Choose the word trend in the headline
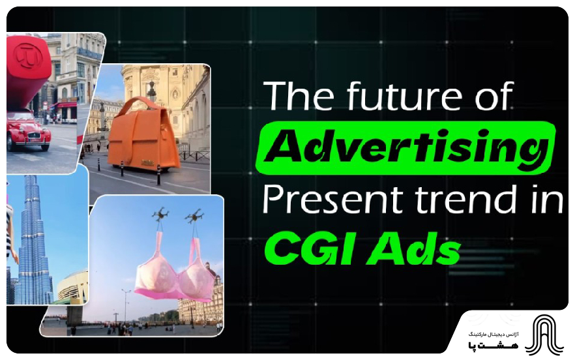(458, 200)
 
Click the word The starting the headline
(290, 98)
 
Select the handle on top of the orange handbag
(151, 91)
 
